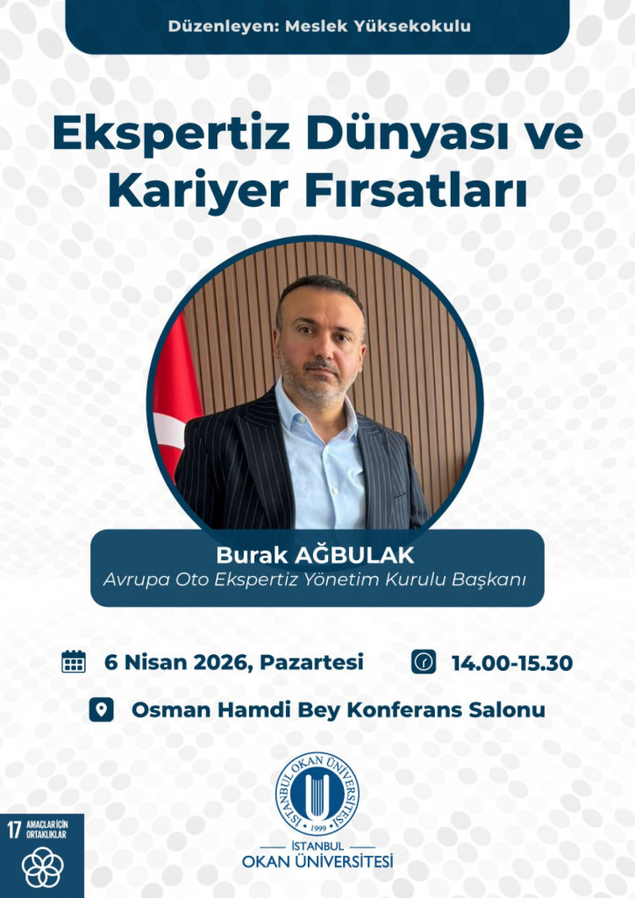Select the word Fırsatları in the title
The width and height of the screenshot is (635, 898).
pyautogui.click(x=415, y=191)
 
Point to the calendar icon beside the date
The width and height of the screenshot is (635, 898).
pyautogui.click(x=74, y=661)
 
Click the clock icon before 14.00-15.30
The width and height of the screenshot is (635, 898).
pyautogui.click(x=423, y=661)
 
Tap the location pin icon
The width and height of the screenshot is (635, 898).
pyautogui.click(x=102, y=709)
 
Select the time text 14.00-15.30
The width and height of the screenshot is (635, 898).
pyautogui.click(x=512, y=663)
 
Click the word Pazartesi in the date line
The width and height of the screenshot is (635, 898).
pyautogui.click(x=311, y=662)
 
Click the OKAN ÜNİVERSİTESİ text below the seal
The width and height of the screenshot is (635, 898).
pyautogui.click(x=317, y=861)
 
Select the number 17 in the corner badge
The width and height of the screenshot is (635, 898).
pyautogui.click(x=14, y=830)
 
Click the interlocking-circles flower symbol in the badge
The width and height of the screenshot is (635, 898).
pyautogui.click(x=42, y=867)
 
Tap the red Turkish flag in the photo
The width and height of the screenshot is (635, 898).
pyautogui.click(x=175, y=396)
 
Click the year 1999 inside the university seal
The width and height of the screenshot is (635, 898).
pyautogui.click(x=317, y=828)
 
